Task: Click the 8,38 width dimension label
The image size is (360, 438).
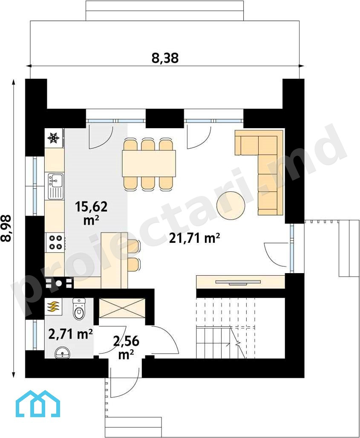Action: pyautogui.click(x=165, y=58)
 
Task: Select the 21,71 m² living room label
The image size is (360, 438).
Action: pyautogui.click(x=194, y=238)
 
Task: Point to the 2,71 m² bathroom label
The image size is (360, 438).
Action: pyautogui.click(x=71, y=334)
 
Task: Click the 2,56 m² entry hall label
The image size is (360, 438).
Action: pyautogui.click(x=126, y=348)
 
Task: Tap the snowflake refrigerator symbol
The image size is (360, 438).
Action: pyautogui.click(x=53, y=138)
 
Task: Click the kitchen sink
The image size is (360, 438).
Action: pyautogui.click(x=55, y=186)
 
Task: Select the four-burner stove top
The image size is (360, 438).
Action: pyautogui.click(x=55, y=242)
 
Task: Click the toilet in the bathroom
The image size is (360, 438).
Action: pyautogui.click(x=79, y=308)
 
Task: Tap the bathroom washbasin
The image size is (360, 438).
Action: pyautogui.click(x=63, y=353)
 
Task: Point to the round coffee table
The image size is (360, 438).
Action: pyautogui.click(x=231, y=205)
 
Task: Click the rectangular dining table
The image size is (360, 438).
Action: pyautogui.click(x=149, y=163)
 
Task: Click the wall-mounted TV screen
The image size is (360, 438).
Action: pyautogui.click(x=238, y=282)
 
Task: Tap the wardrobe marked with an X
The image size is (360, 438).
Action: pyautogui.click(x=122, y=308)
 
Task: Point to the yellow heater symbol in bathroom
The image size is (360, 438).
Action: pyautogui.click(x=53, y=307)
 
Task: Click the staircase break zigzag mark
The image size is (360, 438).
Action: pyautogui.click(x=238, y=343)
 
